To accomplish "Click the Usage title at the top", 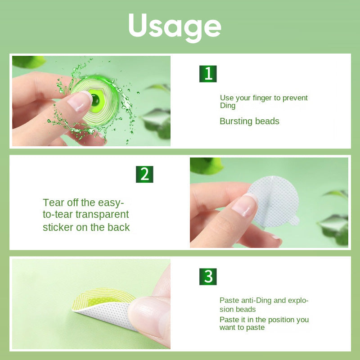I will click(x=175, y=27).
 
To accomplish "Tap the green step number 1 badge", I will click(x=208, y=74).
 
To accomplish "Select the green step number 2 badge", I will click(x=144, y=174).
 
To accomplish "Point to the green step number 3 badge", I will click(x=208, y=276).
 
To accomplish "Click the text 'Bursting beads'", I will click(x=249, y=121).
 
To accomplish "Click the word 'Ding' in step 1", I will click(x=228, y=106).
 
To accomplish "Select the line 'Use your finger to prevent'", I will click(x=264, y=98).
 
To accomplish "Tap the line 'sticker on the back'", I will click(x=86, y=227).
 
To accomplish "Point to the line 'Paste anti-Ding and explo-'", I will click(x=264, y=301).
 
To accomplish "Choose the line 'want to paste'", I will click(x=242, y=328).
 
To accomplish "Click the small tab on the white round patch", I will click(x=294, y=220).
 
